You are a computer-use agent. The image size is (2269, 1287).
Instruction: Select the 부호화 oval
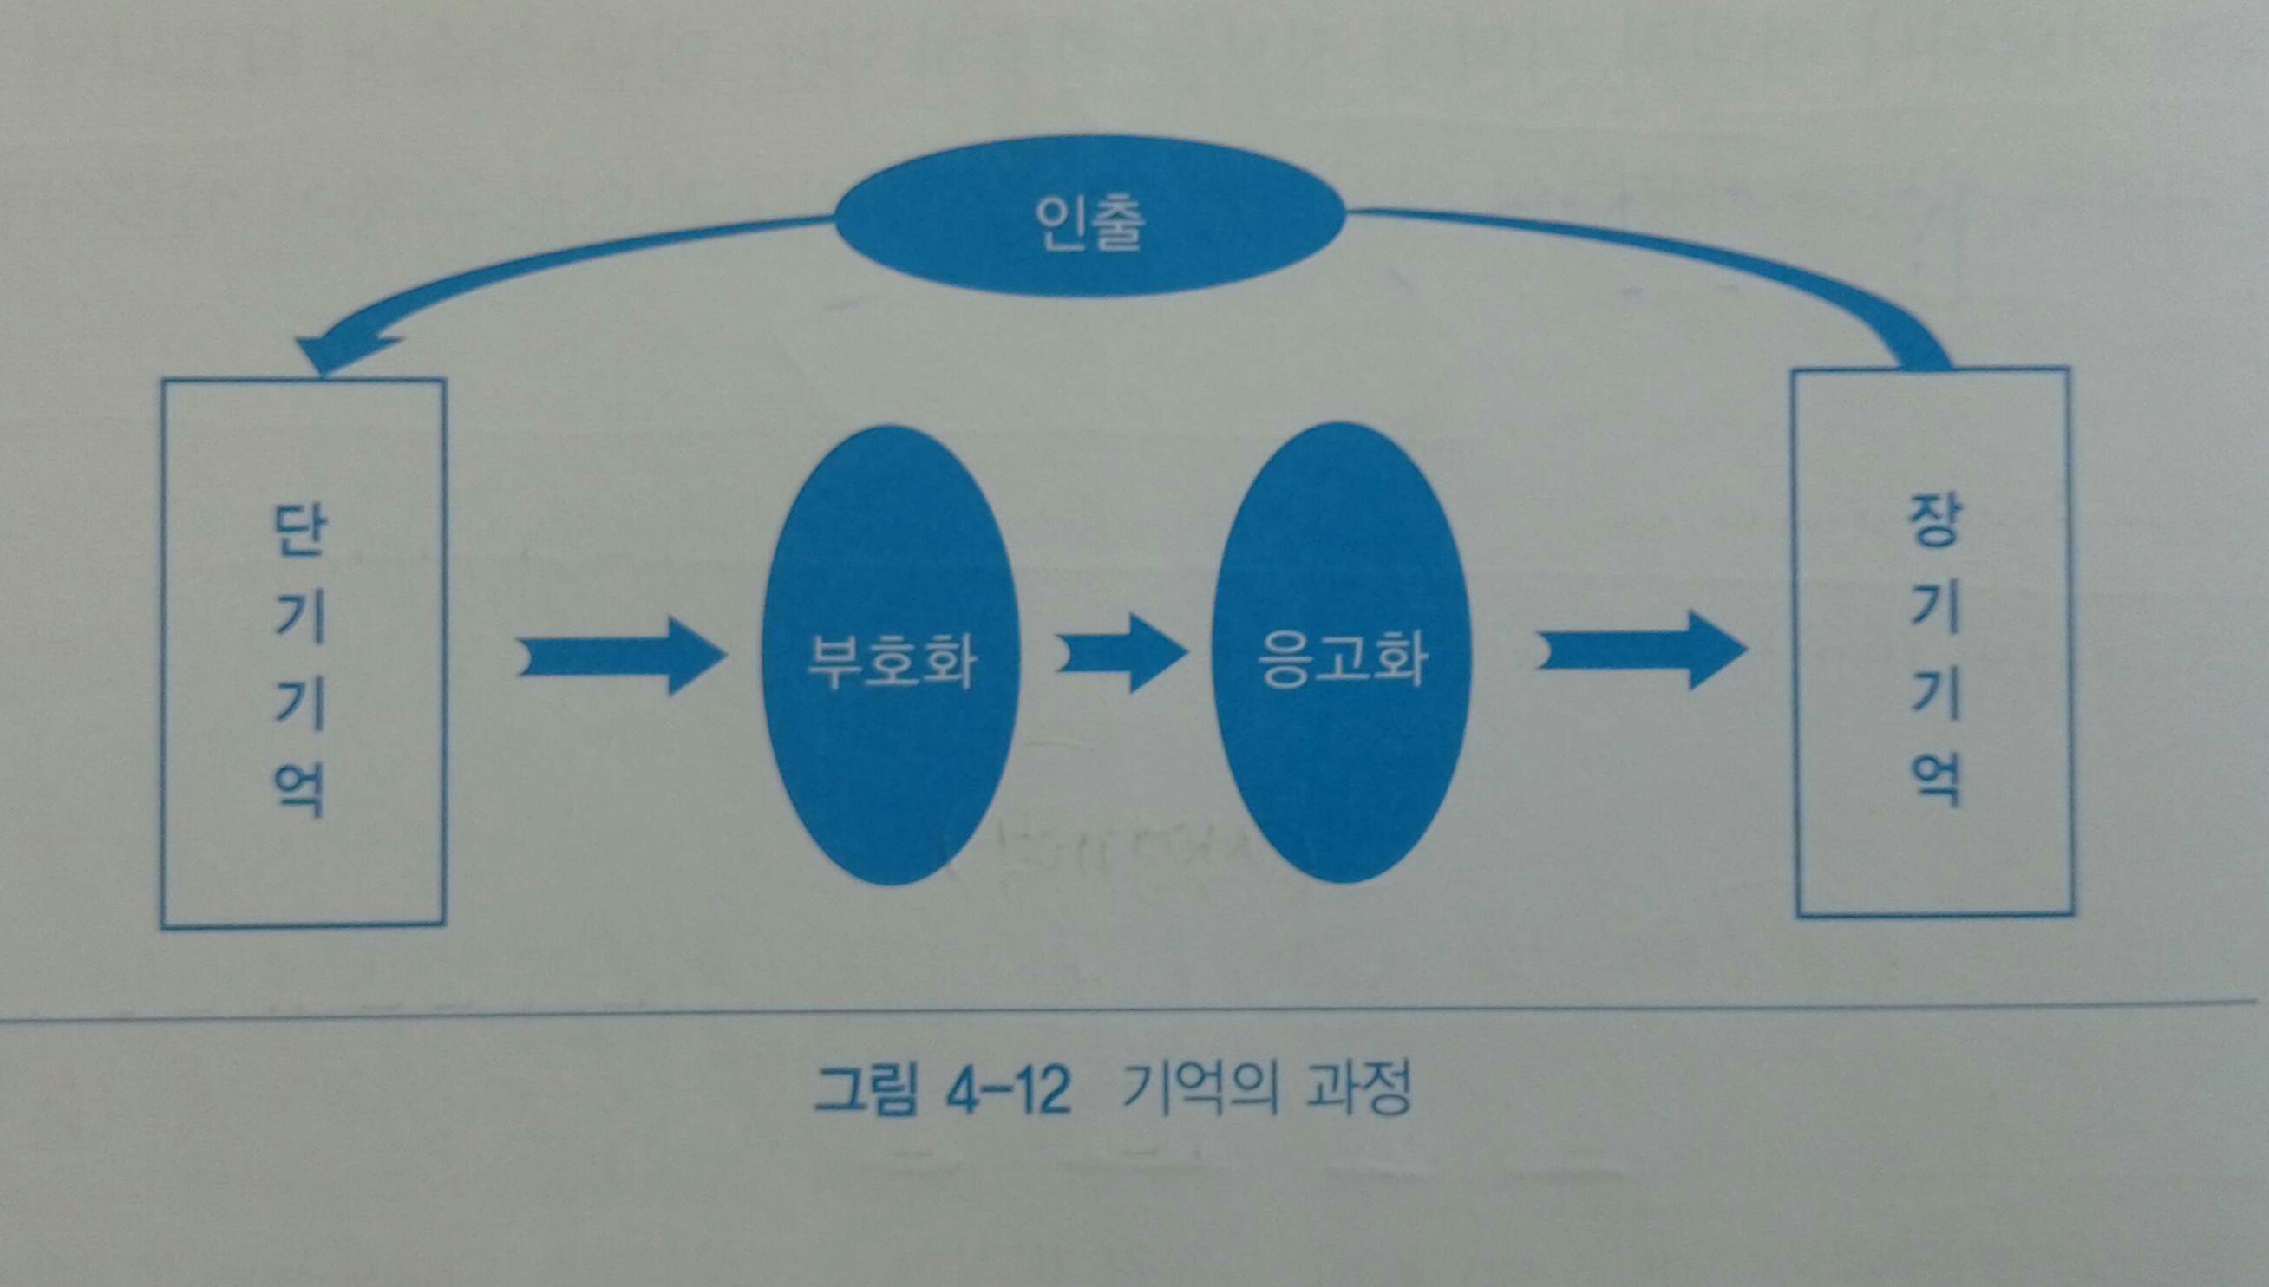[889, 654]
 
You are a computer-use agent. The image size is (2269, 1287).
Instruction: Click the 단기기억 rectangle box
[303, 654]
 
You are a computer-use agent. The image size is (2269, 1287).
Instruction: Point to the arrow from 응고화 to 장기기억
[1640, 650]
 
